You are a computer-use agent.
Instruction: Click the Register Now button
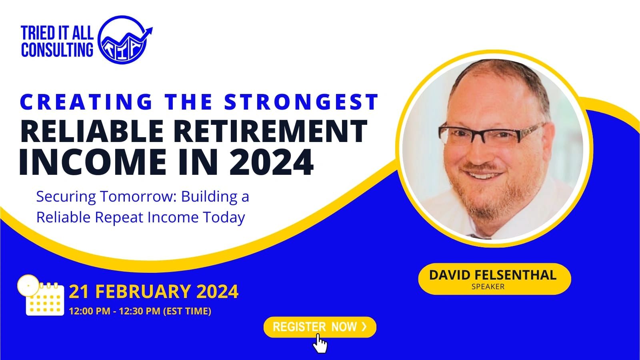tap(320, 327)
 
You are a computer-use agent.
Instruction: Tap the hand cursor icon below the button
tap(320, 344)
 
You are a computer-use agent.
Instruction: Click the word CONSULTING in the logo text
tap(57, 50)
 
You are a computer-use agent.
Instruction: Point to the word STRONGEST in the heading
tap(301, 102)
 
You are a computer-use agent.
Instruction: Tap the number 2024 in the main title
tap(272, 162)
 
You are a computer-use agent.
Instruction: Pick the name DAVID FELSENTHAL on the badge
tap(492, 275)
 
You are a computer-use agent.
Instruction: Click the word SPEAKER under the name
tap(488, 286)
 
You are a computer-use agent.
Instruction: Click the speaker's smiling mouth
tap(482, 174)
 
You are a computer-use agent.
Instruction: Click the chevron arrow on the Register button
tap(364, 326)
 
